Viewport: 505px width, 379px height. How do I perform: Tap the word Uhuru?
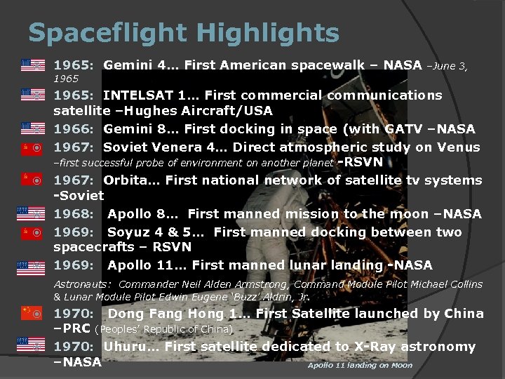(x=126, y=347)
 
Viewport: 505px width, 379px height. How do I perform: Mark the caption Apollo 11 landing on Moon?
(x=360, y=366)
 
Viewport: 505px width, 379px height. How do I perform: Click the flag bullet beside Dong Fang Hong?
(x=33, y=312)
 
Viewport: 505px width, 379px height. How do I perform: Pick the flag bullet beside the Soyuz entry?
(x=33, y=231)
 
